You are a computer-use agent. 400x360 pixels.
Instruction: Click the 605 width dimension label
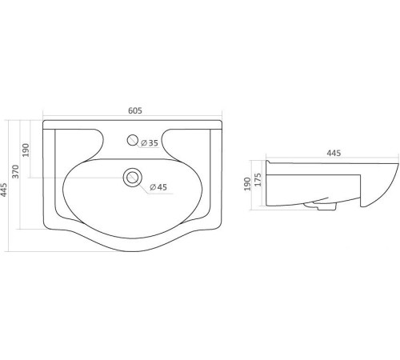point(135,110)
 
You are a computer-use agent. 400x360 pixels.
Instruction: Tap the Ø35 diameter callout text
point(150,143)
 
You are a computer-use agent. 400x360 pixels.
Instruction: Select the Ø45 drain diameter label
point(158,187)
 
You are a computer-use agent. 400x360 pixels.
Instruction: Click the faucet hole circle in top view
point(132,140)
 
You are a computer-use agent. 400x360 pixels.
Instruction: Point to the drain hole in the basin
point(132,178)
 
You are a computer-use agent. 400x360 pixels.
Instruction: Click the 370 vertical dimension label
point(16,171)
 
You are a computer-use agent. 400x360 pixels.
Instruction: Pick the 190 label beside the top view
point(26,150)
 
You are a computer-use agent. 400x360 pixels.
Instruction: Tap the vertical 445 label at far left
point(4,190)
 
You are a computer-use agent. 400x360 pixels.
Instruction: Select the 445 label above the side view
point(334,153)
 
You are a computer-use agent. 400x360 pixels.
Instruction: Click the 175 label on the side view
point(258,179)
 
